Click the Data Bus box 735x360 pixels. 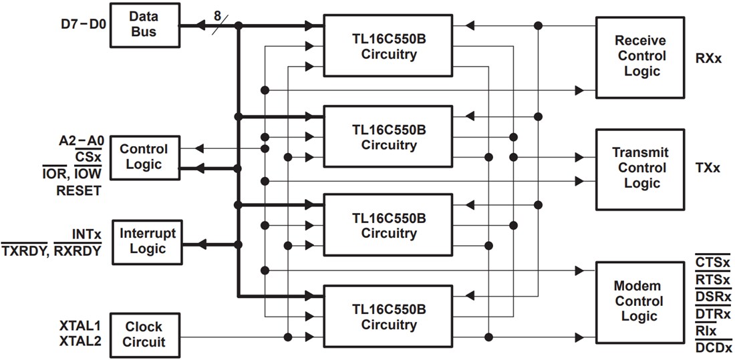coord(144,25)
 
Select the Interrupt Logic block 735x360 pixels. coord(148,240)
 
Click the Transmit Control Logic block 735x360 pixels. coord(640,168)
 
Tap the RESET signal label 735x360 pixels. coord(78,190)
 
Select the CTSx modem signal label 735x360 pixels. coord(713,264)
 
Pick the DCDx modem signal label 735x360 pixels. coord(713,347)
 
